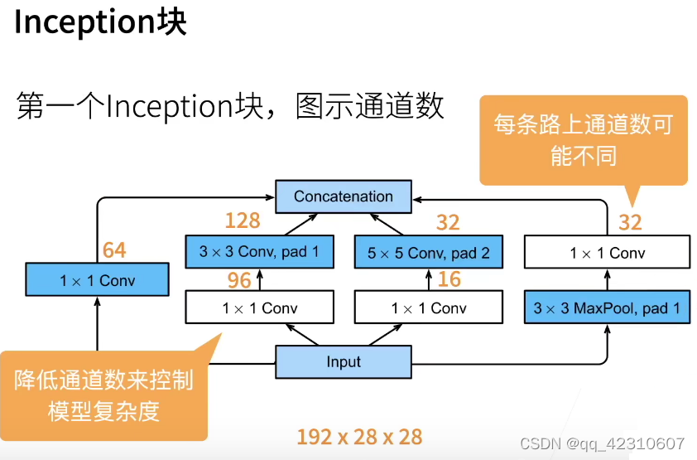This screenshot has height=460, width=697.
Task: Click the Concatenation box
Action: pyautogui.click(x=343, y=196)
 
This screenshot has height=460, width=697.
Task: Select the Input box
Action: pyautogui.click(x=343, y=361)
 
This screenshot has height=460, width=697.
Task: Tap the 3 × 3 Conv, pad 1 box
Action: pyautogui.click(x=259, y=251)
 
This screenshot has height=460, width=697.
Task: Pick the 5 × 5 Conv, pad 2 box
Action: pyautogui.click(x=428, y=252)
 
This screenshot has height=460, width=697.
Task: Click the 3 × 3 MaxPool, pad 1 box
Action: pyautogui.click(x=606, y=308)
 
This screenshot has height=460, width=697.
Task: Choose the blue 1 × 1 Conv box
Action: pyautogui.click(x=97, y=280)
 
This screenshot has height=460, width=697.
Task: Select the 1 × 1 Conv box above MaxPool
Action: pyautogui.click(x=606, y=252)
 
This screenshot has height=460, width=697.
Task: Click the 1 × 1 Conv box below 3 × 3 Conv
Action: pyautogui.click(x=259, y=308)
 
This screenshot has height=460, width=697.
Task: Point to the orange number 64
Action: pyautogui.click(x=114, y=249)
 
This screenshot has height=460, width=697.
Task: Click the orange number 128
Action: pyautogui.click(x=242, y=220)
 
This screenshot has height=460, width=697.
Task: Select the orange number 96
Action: pyautogui.click(x=239, y=280)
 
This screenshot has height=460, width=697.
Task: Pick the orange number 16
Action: pyautogui.click(x=449, y=279)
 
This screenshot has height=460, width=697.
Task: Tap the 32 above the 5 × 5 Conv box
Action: pyautogui.click(x=448, y=221)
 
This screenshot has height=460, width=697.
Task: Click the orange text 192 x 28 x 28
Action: pyautogui.click(x=359, y=437)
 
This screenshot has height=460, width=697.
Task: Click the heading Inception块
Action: pyautogui.click(x=100, y=22)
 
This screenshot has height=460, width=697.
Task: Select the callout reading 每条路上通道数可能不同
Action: pyautogui.click(x=584, y=139)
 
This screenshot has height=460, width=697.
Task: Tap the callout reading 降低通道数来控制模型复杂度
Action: pyautogui.click(x=103, y=395)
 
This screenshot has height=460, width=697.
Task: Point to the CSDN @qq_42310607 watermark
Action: pyautogui.click(x=602, y=443)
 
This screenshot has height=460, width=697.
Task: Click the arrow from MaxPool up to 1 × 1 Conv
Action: pyautogui.click(x=607, y=279)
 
